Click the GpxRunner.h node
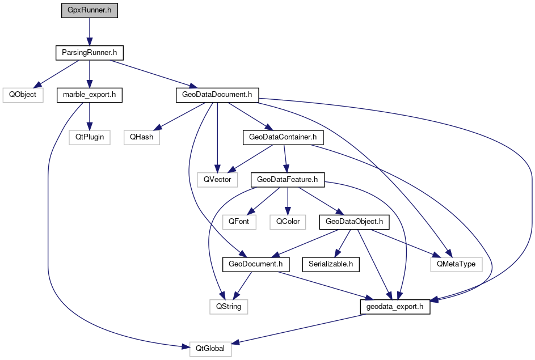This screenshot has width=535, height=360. point(90,11)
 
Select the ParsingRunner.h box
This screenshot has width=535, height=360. point(89,53)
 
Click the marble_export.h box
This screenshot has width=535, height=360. point(90,95)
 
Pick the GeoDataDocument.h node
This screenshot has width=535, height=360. point(217,95)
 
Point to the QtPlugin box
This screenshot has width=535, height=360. point(90,137)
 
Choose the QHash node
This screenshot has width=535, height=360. point(141,137)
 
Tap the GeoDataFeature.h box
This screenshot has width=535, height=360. point(288,180)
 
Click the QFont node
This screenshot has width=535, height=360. point(239,222)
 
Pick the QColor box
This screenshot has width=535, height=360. point(288,222)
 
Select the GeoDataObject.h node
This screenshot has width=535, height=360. point(355,222)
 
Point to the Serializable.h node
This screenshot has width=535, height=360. point(331,264)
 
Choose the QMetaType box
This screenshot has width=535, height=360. point(456,264)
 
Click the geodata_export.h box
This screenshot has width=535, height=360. point(395,307)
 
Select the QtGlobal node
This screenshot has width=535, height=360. point(210,349)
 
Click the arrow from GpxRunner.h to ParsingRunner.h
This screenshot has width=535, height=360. point(90,32)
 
